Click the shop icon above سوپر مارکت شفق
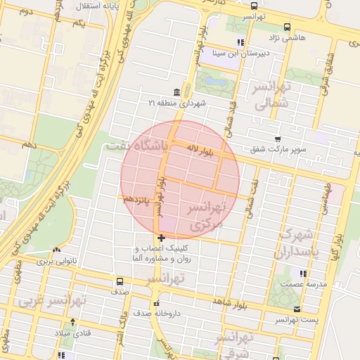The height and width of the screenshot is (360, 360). pyautogui.click(x=278, y=139)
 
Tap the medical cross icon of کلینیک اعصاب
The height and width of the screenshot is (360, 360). pyautogui.click(x=162, y=238)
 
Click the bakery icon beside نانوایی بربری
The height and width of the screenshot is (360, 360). pyautogui.click(x=56, y=250)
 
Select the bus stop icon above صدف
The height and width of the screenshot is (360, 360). pyautogui.click(x=119, y=281)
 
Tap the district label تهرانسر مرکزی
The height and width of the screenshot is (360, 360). pyautogui.click(x=205, y=217)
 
